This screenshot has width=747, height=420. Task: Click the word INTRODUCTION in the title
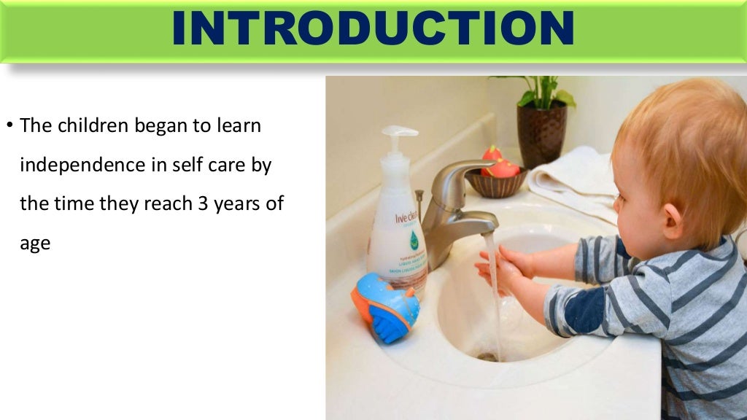pos(373,29)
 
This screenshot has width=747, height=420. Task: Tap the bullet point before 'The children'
pos(10,126)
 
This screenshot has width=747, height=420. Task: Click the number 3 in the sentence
pos(204,204)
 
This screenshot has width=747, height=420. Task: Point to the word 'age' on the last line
pos(35,244)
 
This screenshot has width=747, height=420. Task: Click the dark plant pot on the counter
pos(541,134)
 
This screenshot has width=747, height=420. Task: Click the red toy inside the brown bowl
pos(501,167)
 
